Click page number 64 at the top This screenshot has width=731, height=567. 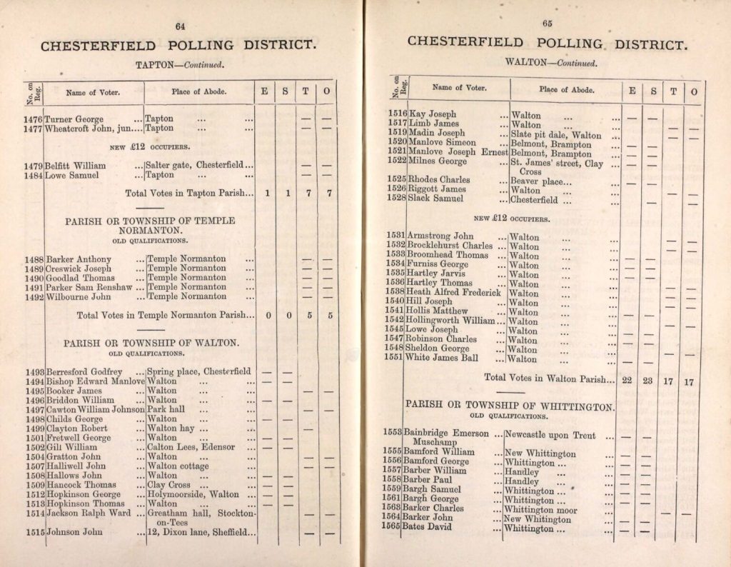click(180, 26)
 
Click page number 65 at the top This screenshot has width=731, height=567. click(548, 24)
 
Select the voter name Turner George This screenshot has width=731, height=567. click(74, 119)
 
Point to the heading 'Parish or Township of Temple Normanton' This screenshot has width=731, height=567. click(149, 226)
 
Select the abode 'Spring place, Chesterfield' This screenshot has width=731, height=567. click(198, 371)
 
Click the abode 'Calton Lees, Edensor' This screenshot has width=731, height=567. click(191, 447)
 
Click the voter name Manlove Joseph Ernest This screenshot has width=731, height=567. click(458, 154)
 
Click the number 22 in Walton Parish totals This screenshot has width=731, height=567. click(628, 381)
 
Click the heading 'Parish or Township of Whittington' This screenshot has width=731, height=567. click(510, 406)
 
